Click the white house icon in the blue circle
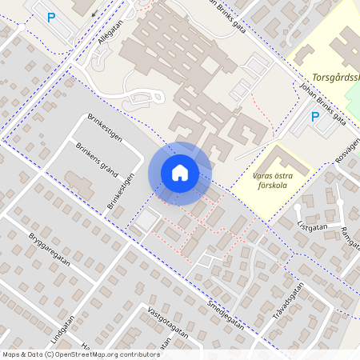pos(180,173)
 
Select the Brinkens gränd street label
pos(96,158)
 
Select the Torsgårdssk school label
pos(336,78)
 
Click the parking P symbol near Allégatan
pos(52,17)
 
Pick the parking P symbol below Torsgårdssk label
pos(314,117)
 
